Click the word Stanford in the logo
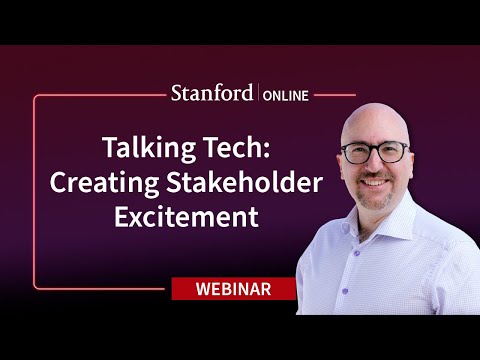click(211, 95)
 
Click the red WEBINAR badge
click(232, 289)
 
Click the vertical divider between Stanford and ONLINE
click(258, 95)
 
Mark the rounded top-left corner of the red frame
click(37, 98)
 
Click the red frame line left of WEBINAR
click(100, 289)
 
